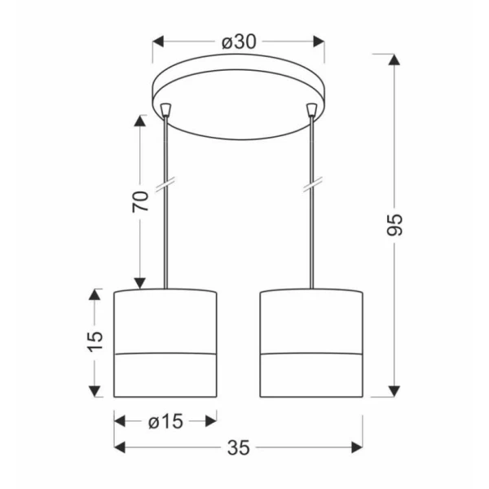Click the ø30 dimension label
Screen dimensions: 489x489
point(239,42)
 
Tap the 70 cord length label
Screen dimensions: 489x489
point(140,201)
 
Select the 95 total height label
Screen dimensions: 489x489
point(394,225)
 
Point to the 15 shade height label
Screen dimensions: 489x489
point(95,341)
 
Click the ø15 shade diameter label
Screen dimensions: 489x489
point(165,421)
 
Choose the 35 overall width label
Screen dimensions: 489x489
point(239,447)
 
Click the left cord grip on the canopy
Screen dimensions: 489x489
point(165,109)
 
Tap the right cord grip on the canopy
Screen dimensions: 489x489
point(311,109)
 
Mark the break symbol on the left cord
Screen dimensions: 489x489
point(165,184)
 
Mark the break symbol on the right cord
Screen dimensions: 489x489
point(312,184)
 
